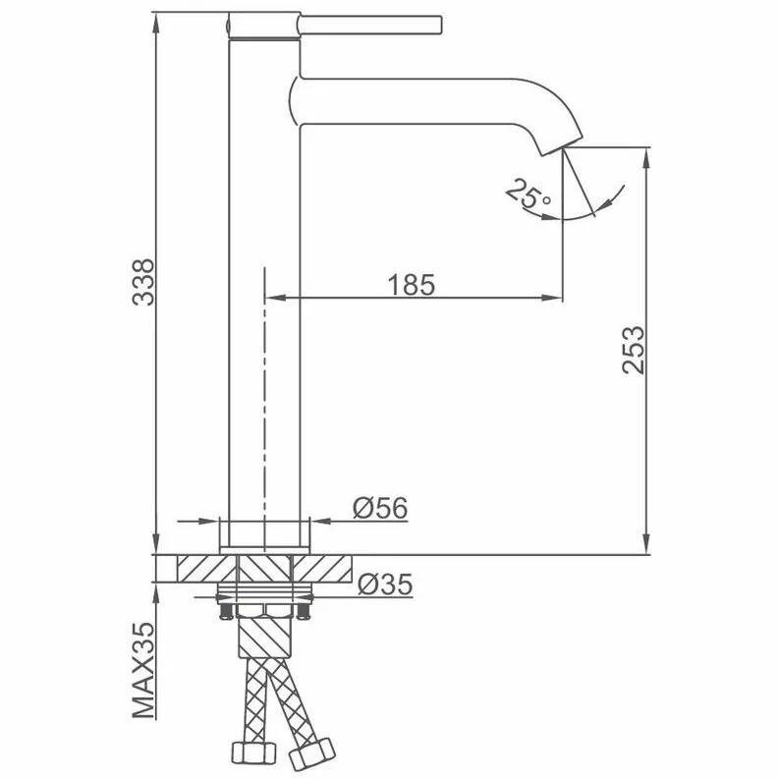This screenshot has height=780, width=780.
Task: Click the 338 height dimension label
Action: [143, 282]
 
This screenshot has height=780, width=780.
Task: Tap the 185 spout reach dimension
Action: [411, 285]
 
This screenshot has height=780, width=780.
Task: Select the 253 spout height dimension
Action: [634, 349]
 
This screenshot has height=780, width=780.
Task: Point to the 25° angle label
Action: [528, 195]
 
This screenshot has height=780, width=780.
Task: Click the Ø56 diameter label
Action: [380, 508]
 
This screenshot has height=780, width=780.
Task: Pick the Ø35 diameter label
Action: [385, 584]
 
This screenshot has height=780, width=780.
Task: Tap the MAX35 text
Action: [143, 670]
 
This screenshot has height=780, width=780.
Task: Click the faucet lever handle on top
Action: [369, 25]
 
